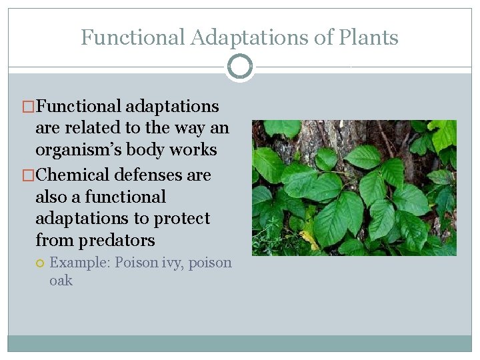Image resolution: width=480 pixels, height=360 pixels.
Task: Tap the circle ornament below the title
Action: click(x=240, y=67)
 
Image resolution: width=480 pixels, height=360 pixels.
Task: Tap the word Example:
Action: click(x=80, y=263)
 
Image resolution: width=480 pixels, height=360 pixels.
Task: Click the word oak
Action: click(x=61, y=281)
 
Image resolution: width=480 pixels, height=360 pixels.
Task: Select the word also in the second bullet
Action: click(x=52, y=197)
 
